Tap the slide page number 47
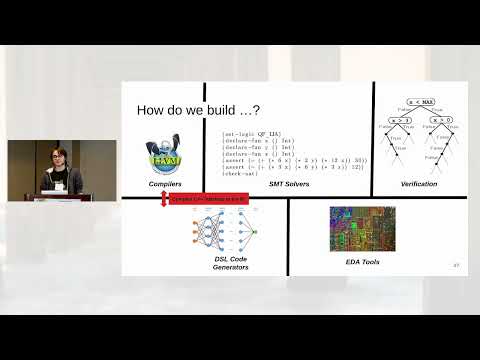(x=456, y=266)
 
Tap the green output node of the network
(x=254, y=232)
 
